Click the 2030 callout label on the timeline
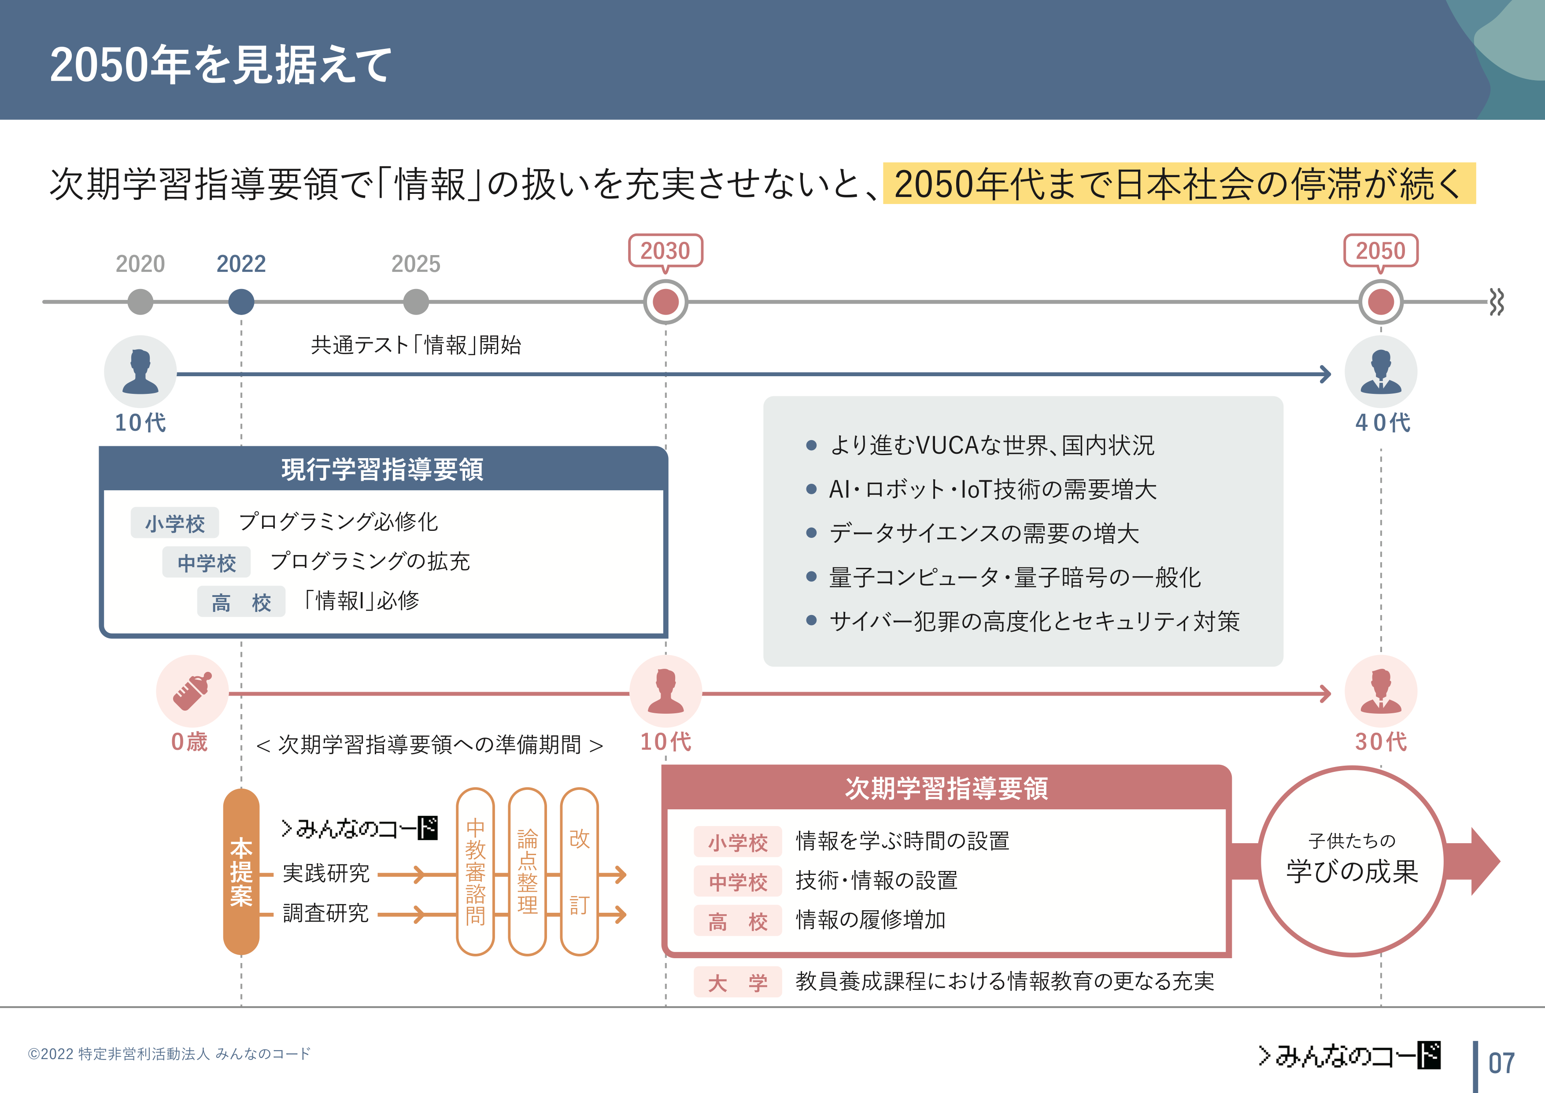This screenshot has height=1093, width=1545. coord(665,250)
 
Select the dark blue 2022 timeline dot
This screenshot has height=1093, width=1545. coord(241,301)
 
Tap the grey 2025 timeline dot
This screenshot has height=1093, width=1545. coord(416,301)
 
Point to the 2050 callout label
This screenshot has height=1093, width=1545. coord(1381,250)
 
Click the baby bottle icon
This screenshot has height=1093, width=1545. coord(192,691)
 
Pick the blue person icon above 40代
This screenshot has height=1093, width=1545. coord(1381,371)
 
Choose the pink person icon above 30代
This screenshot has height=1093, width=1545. coord(1381,691)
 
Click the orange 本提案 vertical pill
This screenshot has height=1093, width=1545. coord(241,871)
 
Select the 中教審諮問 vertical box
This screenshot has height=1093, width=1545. coord(475,871)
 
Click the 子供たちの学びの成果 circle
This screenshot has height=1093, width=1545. coord(1352,861)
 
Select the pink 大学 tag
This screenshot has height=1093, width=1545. coord(738,982)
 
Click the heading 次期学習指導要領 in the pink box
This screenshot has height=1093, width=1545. coord(946,788)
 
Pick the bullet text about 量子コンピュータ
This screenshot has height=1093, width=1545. coord(1015,577)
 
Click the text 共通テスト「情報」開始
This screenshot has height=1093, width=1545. coord(416,345)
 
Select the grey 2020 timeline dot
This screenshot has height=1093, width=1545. coord(140,301)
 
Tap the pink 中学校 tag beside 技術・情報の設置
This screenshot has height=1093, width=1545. coord(738,882)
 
